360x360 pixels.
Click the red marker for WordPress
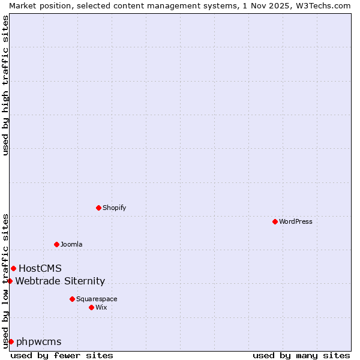(275, 221)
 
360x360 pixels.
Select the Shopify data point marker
(98, 208)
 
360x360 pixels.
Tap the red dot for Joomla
(56, 244)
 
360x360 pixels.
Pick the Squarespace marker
(72, 299)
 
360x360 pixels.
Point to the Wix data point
(91, 307)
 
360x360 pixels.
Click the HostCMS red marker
(13, 268)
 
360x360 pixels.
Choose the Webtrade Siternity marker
(10, 281)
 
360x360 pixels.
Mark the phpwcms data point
(11, 341)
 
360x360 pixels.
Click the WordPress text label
(296, 221)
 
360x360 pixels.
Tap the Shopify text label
(114, 208)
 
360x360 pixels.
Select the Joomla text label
(71, 244)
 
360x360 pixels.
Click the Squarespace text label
(97, 299)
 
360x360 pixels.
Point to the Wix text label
(101, 307)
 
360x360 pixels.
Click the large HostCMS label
(40, 268)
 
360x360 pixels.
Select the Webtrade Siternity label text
(60, 281)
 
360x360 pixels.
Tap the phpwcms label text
(39, 341)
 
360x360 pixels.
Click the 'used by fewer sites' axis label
(62, 355)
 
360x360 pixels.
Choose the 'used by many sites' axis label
(301, 355)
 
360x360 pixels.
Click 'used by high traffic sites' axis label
(5, 85)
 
